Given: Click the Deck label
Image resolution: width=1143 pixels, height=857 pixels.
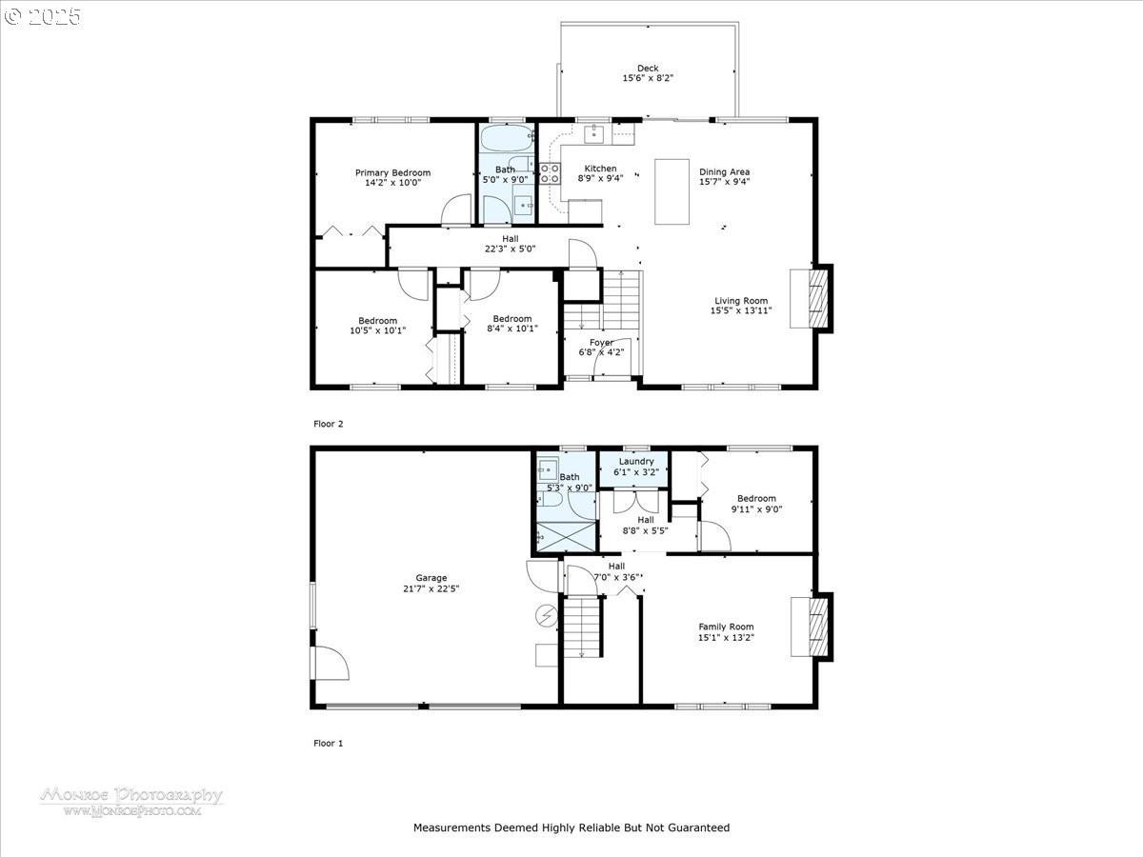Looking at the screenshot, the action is point(648,69).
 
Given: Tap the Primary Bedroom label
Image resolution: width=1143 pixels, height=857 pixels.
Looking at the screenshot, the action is point(392,172).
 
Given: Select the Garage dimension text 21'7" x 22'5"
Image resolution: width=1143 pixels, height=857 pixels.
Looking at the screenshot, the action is point(431,588).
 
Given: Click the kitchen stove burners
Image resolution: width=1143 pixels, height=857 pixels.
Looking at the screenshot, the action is point(550,173).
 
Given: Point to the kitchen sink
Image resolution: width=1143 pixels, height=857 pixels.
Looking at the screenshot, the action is point(593,133).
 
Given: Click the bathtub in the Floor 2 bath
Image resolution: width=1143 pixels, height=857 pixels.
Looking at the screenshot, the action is point(507,138).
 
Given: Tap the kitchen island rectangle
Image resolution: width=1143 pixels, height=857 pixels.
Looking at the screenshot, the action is point(672,191).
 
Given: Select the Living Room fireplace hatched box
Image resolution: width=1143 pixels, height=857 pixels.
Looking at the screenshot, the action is point(817,298).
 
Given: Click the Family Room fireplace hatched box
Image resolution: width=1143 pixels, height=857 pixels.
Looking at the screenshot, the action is point(818,627).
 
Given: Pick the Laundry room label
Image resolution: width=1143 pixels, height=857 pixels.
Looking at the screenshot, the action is point(636,462).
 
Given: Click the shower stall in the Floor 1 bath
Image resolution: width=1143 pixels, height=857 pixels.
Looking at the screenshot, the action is point(566,536).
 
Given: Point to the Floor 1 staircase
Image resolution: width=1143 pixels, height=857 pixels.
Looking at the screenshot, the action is point(582,628).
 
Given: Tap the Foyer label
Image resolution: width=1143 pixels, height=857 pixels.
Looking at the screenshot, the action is point(601,343).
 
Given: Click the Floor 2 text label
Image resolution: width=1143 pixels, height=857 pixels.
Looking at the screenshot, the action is point(328,424).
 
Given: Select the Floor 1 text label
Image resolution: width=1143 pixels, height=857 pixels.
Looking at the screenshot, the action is point(328,743).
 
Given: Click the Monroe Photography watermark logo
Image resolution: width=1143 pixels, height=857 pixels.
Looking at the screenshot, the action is point(131,802).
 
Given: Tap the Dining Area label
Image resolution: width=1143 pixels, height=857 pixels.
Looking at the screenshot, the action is point(724,171).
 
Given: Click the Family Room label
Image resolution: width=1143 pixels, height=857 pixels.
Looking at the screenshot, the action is point(726,627).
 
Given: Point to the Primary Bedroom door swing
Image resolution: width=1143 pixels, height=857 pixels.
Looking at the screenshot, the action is point(456,209).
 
